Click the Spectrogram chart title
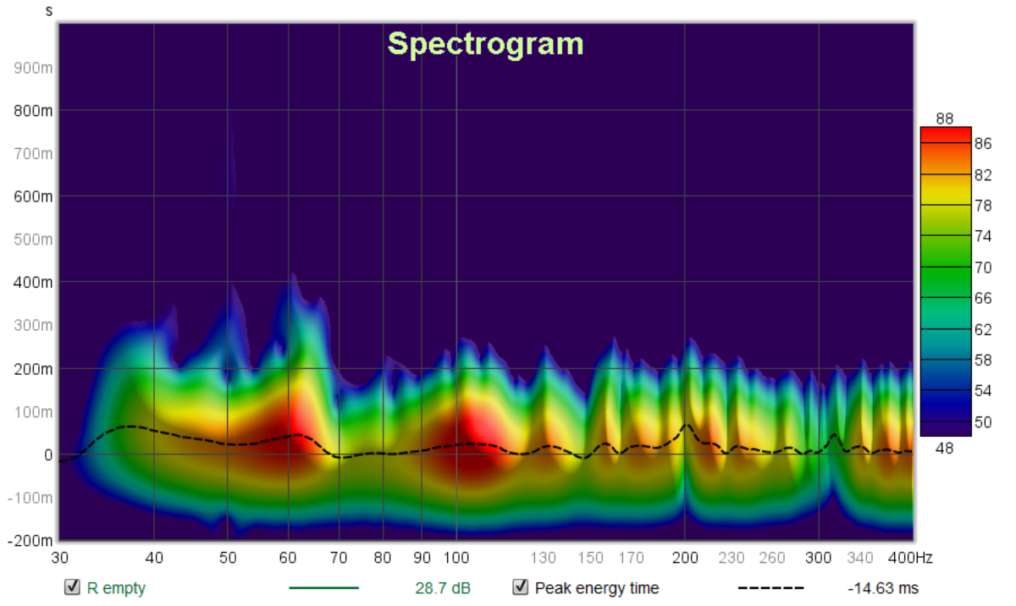coord(485,43)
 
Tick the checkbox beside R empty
coord(73,587)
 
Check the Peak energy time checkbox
coord(520,587)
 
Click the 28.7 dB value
coord(443,588)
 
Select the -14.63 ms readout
coord(883,588)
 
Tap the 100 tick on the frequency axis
coord(456,558)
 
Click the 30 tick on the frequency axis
coord(59,558)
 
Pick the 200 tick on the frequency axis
coord(685,558)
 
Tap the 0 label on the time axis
coord(49,454)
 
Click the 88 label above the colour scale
coord(945,118)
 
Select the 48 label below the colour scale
coord(945,448)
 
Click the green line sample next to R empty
coord(323,587)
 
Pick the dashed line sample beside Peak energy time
coord(770,587)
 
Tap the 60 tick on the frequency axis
coord(288,558)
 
